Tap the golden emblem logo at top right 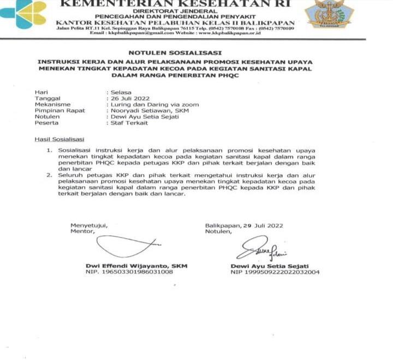tap(329, 14)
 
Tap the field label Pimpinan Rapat tap(55, 110)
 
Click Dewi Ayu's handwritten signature tap(261, 247)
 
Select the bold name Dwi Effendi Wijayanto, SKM tap(136, 266)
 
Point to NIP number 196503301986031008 tap(129, 272)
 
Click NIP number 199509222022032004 tap(275, 272)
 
